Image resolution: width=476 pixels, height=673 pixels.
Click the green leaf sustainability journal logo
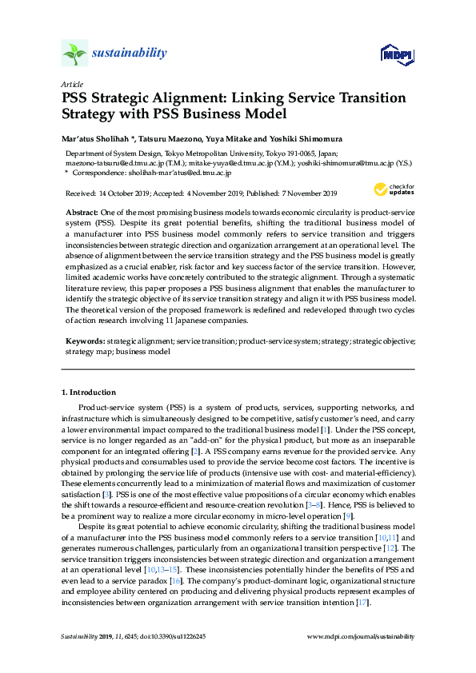tap(75, 54)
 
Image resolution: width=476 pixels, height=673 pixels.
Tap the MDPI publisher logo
tap(395, 54)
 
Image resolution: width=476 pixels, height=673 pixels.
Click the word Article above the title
tap(70, 84)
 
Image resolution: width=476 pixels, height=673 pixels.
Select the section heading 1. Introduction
tap(89, 393)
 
